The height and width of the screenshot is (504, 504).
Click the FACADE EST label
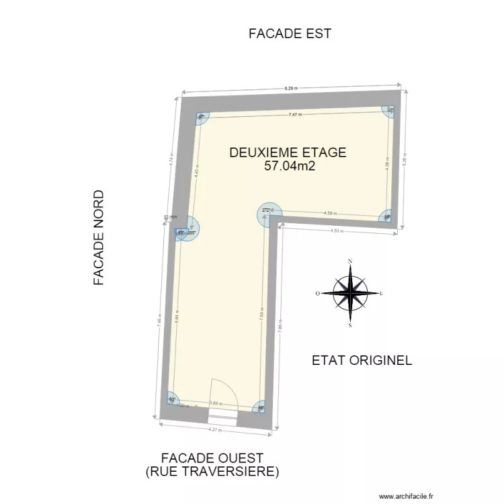pos(290,34)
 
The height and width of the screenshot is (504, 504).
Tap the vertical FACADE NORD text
pos(99,238)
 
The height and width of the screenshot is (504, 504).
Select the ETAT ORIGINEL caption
pos(362,360)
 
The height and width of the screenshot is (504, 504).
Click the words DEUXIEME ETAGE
pos(288,153)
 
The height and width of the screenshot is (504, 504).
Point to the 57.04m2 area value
pos(290,165)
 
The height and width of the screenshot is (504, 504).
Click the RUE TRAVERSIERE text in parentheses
pos(212,472)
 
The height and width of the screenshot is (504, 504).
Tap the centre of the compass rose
pos(350,293)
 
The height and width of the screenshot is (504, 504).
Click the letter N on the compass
pos(350,261)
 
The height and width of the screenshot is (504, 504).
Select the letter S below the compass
pos(350,325)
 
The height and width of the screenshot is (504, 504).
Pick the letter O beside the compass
pos(318,294)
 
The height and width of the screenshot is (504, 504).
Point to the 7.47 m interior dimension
pos(295,115)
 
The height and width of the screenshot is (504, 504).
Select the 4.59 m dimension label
pos(329,214)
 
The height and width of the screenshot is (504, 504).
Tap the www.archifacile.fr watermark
pos(407,497)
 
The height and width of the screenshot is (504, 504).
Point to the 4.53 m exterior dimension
pos(337,231)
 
